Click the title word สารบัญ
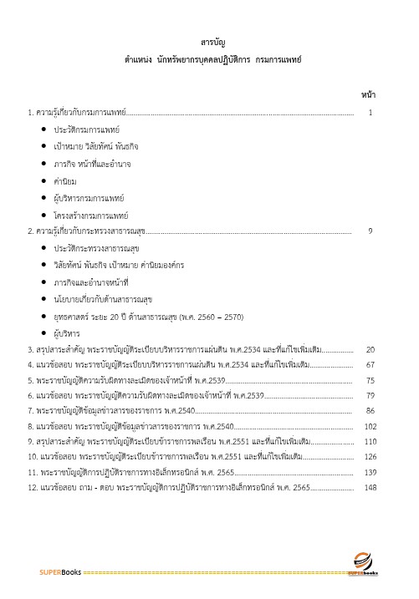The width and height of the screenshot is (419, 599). point(211,42)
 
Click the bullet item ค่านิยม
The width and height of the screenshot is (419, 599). point(69,180)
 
